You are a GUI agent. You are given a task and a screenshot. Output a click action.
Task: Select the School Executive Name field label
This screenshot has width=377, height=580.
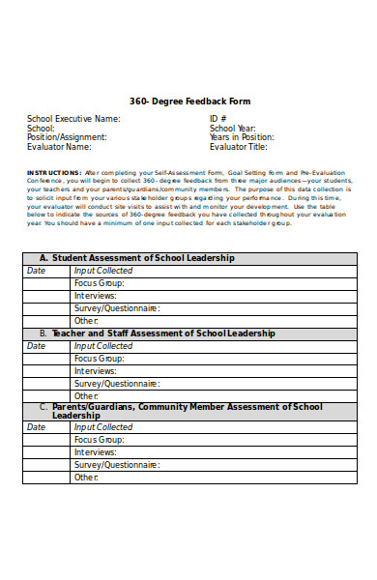pyautogui.click(x=73, y=119)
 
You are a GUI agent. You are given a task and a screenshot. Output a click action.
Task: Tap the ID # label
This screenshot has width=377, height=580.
pyautogui.click(x=221, y=119)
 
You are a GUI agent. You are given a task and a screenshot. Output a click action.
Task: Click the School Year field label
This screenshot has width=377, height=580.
pyautogui.click(x=233, y=129)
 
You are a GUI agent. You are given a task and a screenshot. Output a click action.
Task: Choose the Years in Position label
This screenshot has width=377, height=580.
pyautogui.click(x=242, y=138)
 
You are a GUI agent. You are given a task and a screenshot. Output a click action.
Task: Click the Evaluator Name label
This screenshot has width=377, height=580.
pyautogui.click(x=59, y=148)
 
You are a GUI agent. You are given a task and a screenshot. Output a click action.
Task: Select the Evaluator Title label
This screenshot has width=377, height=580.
pyautogui.click(x=238, y=148)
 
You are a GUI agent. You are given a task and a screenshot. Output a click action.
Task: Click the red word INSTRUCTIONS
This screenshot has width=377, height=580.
pyautogui.click(x=54, y=172)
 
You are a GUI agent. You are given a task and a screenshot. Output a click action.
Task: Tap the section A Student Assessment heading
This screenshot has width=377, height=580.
pyautogui.click(x=136, y=258)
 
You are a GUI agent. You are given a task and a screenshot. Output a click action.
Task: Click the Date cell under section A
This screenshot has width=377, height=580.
pyautogui.click(x=36, y=271)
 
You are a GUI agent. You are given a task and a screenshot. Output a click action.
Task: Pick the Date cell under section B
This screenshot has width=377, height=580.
pyautogui.click(x=36, y=345)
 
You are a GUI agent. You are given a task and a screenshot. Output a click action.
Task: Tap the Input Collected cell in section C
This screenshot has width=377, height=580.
pyautogui.click(x=103, y=426)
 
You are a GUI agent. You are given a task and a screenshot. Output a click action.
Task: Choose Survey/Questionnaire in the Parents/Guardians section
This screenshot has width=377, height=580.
pyautogui.click(x=117, y=464)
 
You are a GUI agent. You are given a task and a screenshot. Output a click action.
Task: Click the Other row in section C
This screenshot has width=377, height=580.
pyautogui.click(x=87, y=477)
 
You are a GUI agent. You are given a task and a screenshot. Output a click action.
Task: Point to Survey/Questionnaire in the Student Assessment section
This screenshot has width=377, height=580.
pyautogui.click(x=117, y=308)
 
